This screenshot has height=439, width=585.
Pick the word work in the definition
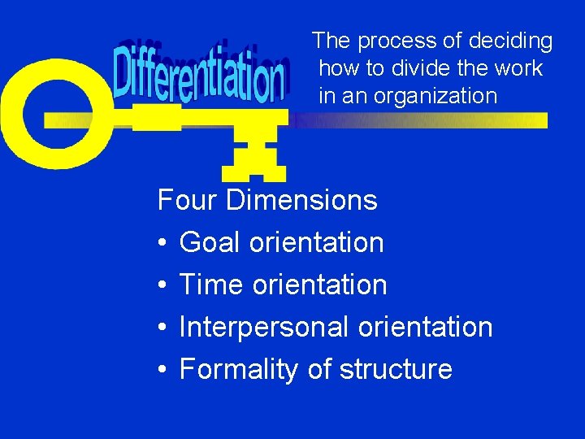pyautogui.click(x=521, y=68)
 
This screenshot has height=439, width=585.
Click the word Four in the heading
pyautogui.click(x=188, y=200)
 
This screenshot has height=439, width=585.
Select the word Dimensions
pyautogui.click(x=301, y=200)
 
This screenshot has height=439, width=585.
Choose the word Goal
pyautogui.click(x=211, y=242)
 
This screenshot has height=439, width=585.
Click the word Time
pyautogui.click(x=212, y=285)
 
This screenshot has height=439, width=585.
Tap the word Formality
pyautogui.click(x=240, y=369)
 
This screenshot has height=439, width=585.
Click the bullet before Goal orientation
pyautogui.click(x=162, y=243)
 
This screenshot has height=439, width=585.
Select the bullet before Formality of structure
pyautogui.click(x=162, y=370)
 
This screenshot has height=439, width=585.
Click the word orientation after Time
pyautogui.click(x=320, y=285)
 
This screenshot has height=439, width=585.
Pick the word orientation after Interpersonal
pyautogui.click(x=425, y=327)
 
